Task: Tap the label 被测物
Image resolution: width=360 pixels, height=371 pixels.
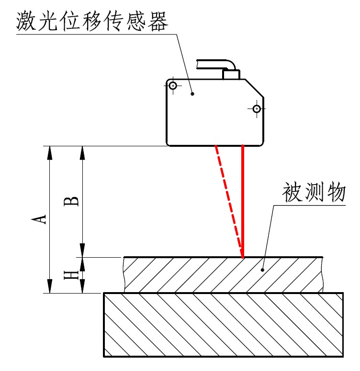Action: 313,193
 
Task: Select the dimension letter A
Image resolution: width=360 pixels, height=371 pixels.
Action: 42,218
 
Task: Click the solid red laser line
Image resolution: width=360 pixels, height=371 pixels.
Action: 243,201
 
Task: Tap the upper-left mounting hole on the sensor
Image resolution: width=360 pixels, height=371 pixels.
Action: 173,86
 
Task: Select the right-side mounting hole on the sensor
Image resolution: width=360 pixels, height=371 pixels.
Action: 257,109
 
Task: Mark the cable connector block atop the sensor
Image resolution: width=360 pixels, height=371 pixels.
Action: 231,74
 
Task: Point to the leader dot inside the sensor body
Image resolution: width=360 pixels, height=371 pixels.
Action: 192,94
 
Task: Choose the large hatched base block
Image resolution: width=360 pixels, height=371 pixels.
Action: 224,325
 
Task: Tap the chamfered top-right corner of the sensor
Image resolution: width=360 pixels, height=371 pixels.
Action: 255,88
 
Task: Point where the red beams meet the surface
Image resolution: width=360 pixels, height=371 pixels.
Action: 243,257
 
